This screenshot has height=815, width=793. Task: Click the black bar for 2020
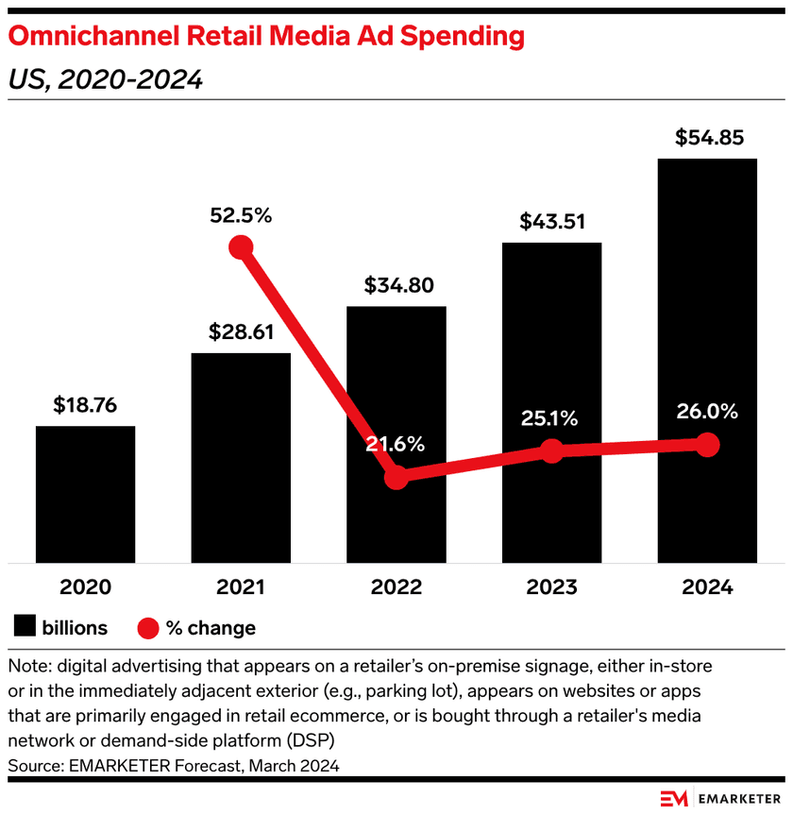(85, 494)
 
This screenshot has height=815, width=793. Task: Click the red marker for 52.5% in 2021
(242, 247)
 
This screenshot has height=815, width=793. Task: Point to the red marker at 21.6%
(396, 477)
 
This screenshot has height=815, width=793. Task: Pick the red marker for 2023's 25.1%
(552, 451)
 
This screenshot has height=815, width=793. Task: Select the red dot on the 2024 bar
(707, 445)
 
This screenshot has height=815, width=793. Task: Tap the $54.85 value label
(708, 138)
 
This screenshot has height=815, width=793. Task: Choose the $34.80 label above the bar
(396, 285)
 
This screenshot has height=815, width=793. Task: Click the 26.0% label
(707, 412)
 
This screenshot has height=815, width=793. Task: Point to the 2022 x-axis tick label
(396, 587)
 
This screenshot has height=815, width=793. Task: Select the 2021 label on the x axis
(242, 587)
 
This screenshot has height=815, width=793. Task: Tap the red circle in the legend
(149, 628)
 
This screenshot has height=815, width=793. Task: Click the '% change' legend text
(211, 628)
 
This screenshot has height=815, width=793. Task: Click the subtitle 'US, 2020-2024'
(105, 80)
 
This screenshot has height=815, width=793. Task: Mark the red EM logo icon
(674, 798)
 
